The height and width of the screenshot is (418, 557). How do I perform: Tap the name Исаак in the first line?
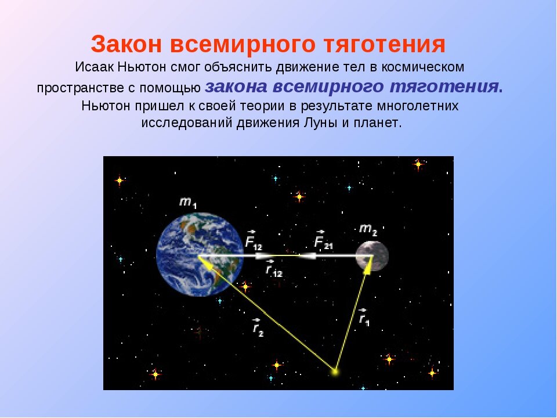point(95,67)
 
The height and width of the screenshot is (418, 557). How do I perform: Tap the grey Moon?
point(372,256)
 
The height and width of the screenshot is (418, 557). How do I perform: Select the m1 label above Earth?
point(187,203)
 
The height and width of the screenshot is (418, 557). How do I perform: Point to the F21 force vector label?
point(323,240)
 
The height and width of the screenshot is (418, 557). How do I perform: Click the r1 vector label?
point(364,318)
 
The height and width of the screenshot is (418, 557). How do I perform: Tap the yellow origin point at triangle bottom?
point(335,370)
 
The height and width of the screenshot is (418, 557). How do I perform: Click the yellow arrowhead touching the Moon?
point(367,264)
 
